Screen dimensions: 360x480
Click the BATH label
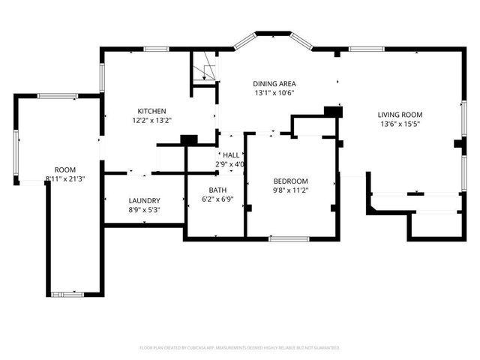pos(218,190)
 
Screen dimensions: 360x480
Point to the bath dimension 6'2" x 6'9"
pos(218,199)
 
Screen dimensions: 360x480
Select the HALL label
pos(231,155)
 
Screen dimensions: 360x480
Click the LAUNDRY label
pos(144,201)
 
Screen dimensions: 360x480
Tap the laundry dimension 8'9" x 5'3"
pos(144,210)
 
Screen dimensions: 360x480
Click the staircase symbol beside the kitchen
pos(204,72)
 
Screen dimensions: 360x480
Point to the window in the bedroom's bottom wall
pos(289,238)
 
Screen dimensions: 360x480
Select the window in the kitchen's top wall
pos(155,49)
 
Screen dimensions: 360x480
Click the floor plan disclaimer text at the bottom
pos(240,348)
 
